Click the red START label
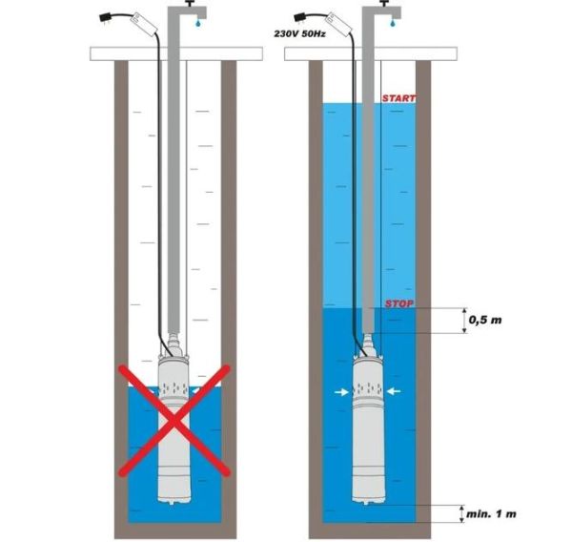398,98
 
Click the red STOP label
399,303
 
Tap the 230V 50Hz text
300,34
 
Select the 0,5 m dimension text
485,320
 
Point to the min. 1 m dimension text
491,514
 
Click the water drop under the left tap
198,23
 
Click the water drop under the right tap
393,23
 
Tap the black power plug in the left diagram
106,17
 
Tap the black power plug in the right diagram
300,17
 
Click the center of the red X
174,421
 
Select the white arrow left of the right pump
341,392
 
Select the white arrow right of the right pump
394,392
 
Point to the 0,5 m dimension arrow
464,321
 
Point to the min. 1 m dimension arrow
462,514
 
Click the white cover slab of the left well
176,54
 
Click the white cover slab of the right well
371,54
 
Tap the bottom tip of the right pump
366,505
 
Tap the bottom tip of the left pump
172,505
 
